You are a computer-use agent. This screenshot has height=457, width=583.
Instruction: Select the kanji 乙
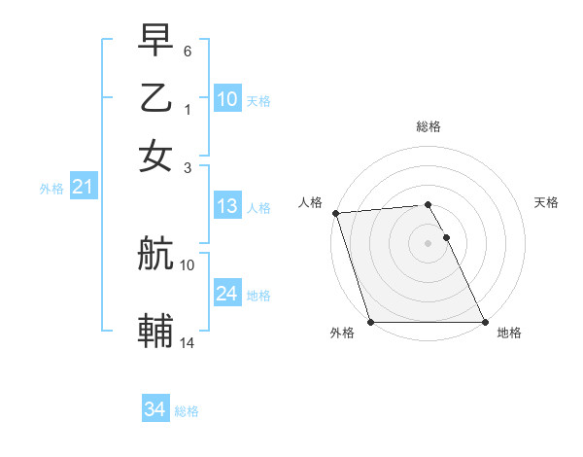point(155,99)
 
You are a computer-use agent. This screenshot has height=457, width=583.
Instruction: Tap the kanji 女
point(155,156)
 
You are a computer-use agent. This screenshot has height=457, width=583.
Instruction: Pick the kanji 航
point(155,255)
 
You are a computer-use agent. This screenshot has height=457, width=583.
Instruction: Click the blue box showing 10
point(227,99)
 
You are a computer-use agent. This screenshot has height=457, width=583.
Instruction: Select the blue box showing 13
point(227,206)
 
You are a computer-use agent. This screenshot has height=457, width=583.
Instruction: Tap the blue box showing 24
point(227,294)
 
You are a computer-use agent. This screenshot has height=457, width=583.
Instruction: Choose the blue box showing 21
point(83,188)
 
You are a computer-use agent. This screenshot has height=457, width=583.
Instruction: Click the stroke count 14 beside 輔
point(188,341)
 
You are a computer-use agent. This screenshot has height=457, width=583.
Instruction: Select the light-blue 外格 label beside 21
point(51,189)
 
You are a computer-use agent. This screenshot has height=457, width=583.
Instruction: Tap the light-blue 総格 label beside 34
point(187,411)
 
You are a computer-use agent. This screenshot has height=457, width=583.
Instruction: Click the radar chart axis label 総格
point(429,126)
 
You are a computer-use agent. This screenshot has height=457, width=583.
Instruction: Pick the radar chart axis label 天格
point(546,202)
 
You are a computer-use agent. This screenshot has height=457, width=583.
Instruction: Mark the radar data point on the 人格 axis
point(335,213)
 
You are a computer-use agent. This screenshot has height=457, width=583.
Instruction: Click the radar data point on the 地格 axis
point(485,322)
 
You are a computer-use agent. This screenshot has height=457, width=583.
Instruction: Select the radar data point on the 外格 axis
point(371,322)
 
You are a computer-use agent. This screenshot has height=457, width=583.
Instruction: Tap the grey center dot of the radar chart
point(429,243)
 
